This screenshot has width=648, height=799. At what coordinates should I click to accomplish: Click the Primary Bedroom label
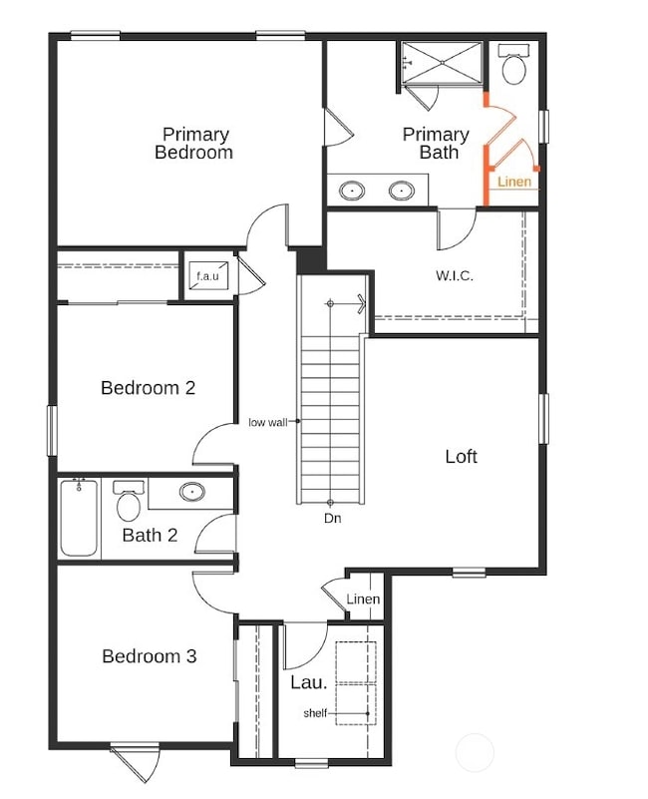194,144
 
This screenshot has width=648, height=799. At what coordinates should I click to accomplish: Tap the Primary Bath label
436,144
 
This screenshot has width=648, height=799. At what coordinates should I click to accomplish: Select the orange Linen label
514,182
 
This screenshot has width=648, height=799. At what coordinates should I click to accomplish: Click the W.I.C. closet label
454,275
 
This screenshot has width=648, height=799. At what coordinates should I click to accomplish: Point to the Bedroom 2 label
148,388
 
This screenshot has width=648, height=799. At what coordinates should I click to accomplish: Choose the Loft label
461,457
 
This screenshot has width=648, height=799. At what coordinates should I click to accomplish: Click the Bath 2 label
150,536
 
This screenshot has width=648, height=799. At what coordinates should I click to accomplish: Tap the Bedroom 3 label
149,656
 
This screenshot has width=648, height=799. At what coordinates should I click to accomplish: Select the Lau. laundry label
308,682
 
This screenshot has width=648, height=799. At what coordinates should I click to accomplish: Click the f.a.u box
207,276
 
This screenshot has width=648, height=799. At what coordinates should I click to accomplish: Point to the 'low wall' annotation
267,422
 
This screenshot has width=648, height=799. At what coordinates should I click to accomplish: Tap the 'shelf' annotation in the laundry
315,713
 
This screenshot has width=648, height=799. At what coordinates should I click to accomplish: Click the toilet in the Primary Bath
514,67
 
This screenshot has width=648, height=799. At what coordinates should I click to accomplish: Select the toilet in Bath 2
129,504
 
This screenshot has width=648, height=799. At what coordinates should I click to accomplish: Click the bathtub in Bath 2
80,517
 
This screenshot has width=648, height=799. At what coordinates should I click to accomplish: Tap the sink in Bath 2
191,491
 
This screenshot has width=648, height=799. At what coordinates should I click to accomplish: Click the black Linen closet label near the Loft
363,599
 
